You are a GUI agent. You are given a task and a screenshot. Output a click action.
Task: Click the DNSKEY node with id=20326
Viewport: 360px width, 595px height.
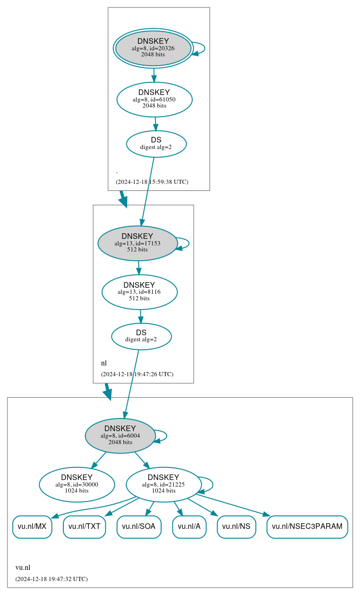pyautogui.click(x=153, y=48)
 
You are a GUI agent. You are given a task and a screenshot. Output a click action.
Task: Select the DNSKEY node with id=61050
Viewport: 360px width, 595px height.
pyautogui.click(x=154, y=99)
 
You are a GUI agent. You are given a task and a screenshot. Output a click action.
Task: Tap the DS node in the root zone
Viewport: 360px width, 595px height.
pyautogui.click(x=156, y=144)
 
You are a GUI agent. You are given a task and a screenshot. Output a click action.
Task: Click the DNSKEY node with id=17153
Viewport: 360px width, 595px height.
pyautogui.click(x=137, y=243)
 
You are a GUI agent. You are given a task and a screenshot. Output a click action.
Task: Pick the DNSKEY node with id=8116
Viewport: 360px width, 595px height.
pyautogui.click(x=139, y=292)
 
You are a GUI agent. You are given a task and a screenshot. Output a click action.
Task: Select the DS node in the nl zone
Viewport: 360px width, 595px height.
pyautogui.click(x=141, y=336)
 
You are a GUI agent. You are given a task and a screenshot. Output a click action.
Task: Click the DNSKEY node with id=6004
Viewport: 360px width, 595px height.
pyautogui.click(x=120, y=436)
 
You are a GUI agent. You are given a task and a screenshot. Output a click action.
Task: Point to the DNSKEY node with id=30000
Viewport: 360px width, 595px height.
pyautogui.click(x=77, y=484)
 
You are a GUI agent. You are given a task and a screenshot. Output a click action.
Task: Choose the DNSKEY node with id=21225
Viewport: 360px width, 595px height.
pyautogui.click(x=163, y=484)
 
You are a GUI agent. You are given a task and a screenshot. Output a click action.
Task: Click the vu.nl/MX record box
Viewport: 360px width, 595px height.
pyautogui.click(x=32, y=527)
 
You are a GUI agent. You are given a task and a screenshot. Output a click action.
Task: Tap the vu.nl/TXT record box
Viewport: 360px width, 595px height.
pyautogui.click(x=84, y=527)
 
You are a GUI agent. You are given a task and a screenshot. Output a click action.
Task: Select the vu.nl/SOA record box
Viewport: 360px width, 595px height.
pyautogui.click(x=139, y=527)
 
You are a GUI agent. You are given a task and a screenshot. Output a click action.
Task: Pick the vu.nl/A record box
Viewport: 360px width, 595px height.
pyautogui.click(x=189, y=527)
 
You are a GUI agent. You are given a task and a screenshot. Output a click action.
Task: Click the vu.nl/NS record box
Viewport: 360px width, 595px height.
pyautogui.click(x=236, y=527)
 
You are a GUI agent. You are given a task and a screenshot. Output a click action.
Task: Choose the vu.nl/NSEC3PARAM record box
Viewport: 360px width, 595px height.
pyautogui.click(x=307, y=527)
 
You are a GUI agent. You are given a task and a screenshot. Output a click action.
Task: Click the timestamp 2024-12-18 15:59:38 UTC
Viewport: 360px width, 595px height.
pyautogui.click(x=152, y=182)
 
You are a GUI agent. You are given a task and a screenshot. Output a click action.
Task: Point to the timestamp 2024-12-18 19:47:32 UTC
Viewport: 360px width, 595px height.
pyautogui.click(x=51, y=579)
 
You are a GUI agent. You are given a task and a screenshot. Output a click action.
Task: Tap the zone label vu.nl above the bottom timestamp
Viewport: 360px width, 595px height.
pyautogui.click(x=23, y=568)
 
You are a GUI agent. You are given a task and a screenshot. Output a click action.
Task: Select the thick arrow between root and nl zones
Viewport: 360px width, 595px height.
pyautogui.click(x=123, y=198)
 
